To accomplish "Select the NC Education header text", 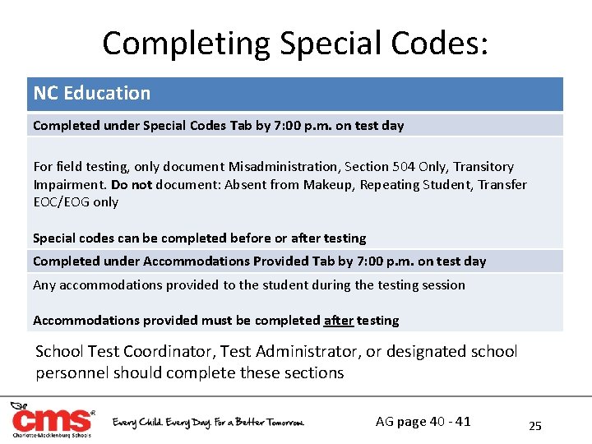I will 91,94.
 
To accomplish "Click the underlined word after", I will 338,321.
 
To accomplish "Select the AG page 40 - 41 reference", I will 423,422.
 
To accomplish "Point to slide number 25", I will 535,426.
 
